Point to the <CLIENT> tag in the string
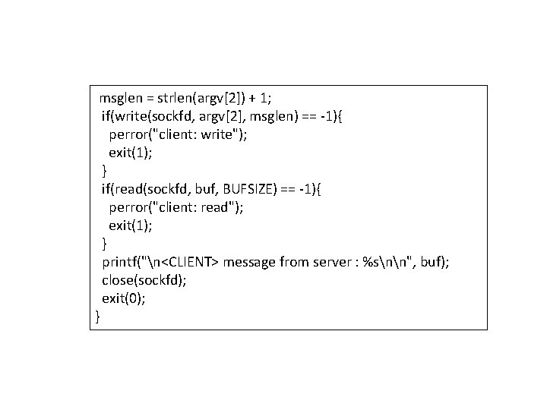click(x=190, y=262)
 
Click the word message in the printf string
click(x=250, y=262)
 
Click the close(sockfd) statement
click(x=144, y=279)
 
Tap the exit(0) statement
click(x=124, y=298)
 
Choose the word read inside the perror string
click(x=220, y=207)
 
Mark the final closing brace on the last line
click(x=97, y=316)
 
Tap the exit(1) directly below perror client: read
click(x=131, y=225)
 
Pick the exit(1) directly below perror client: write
click(x=131, y=153)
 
